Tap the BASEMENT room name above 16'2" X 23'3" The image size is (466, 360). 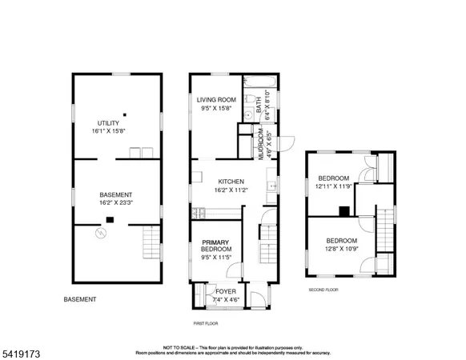coord(116,195)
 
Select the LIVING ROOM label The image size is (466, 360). coord(214,100)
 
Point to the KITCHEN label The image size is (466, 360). coord(229,181)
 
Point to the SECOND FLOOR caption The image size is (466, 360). coord(323,290)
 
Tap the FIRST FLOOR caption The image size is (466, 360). coord(206,323)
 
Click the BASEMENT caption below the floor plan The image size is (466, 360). coord(80,299)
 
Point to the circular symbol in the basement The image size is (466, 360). coord(100,234)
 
